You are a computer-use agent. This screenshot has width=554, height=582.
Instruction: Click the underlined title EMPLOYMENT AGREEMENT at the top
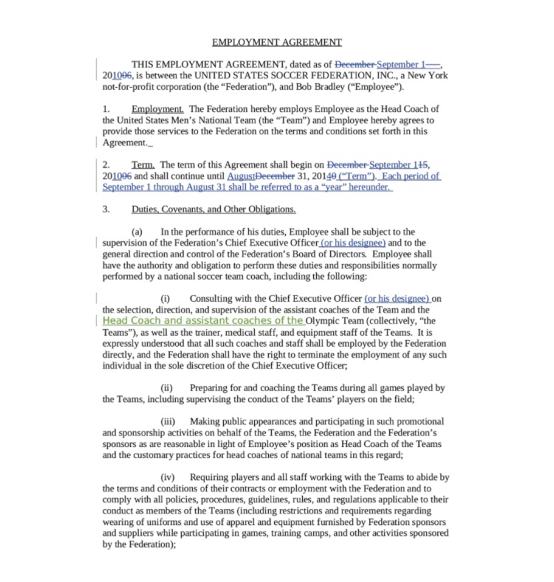pyautogui.click(x=276, y=42)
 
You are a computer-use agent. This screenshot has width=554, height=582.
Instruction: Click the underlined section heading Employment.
pyautogui.click(x=157, y=109)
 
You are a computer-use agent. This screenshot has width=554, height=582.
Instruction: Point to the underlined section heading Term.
pyautogui.click(x=143, y=165)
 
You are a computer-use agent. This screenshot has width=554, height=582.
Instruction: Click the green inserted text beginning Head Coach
pyautogui.click(x=203, y=321)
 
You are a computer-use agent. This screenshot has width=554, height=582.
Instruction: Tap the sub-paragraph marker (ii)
pyautogui.click(x=167, y=388)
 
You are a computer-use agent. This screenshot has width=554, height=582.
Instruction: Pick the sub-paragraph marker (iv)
pyautogui.click(x=168, y=477)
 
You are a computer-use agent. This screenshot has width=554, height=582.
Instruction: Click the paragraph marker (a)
pyautogui.click(x=137, y=232)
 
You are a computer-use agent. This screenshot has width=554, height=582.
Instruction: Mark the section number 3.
pyautogui.click(x=106, y=209)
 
